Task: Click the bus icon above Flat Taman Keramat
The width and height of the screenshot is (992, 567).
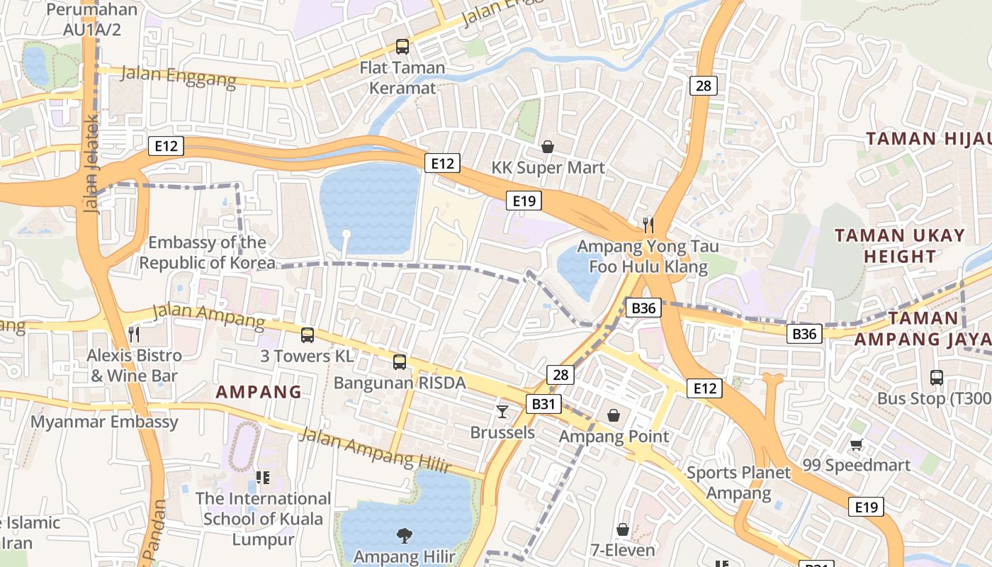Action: [402, 47]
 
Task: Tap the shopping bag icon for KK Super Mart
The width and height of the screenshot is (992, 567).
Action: [548, 147]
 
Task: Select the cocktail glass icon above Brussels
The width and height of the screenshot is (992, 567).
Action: [502, 411]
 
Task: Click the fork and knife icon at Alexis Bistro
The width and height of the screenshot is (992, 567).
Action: [134, 333]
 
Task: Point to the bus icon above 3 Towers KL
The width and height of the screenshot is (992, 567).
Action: [307, 335]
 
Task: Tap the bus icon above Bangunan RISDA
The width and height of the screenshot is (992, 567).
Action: [400, 362]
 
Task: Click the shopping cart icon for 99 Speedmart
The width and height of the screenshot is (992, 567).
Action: [857, 444]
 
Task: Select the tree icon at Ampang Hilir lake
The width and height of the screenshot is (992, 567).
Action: [404, 535]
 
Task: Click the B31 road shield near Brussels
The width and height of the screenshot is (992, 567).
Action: [543, 404]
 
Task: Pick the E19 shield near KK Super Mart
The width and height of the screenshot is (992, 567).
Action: [524, 201]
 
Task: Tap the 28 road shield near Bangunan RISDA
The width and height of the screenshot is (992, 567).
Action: [560, 375]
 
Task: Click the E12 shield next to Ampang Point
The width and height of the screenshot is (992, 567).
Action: [704, 388]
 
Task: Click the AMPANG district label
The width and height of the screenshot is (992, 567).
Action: [259, 391]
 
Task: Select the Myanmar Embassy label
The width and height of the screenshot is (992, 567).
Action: [104, 422]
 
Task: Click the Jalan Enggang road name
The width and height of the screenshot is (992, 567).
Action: [179, 76]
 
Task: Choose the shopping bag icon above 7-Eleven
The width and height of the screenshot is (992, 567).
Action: [622, 529]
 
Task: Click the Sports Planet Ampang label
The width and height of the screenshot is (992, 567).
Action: [738, 483]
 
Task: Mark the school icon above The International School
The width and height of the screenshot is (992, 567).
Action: [263, 478]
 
